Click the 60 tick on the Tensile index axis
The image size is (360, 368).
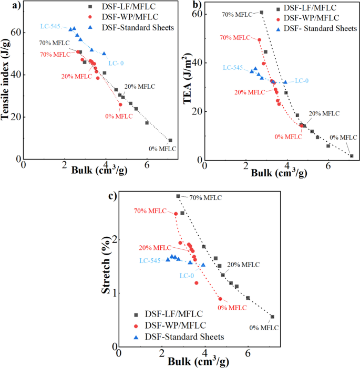click(16, 32)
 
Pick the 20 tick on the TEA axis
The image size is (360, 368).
click(197, 111)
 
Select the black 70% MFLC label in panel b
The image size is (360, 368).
click(236, 15)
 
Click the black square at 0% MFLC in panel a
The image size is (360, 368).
click(170, 140)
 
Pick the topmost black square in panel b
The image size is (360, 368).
click(261, 13)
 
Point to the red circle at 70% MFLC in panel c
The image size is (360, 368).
click(176, 214)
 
